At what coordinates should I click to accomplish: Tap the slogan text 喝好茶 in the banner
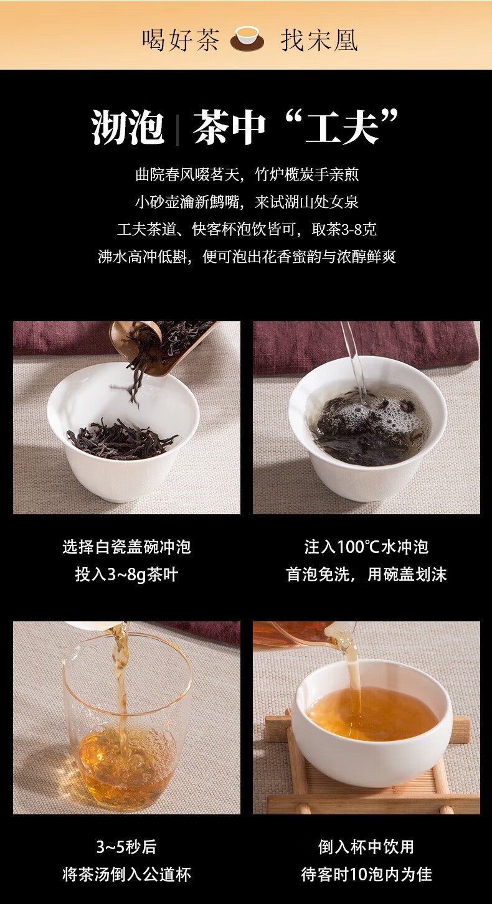coord(181,40)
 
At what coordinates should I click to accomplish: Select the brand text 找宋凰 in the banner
coord(319,40)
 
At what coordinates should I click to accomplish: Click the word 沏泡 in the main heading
coord(128,127)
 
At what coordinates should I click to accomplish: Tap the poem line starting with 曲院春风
coord(247,175)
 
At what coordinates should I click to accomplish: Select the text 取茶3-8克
coord(344,229)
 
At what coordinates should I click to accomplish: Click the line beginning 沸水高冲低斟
coord(247,257)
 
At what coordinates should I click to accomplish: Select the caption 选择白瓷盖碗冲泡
coord(126,547)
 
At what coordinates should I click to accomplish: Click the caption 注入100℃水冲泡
coord(366,547)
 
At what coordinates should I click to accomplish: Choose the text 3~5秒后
coord(126,847)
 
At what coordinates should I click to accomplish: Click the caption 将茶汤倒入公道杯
coord(126,874)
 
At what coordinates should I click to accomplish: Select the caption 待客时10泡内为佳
coord(366,874)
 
